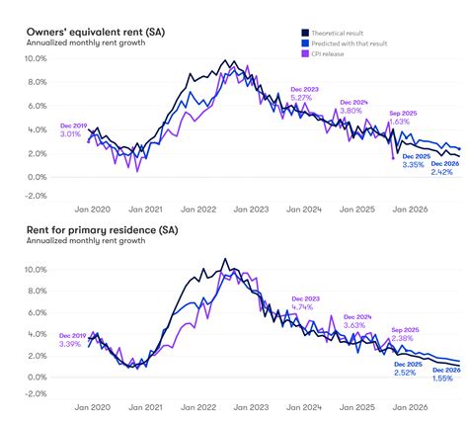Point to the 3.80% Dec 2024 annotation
352,111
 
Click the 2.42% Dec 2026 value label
441,172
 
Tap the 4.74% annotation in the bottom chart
304,307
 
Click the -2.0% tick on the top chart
35,196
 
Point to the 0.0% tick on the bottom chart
37,377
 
